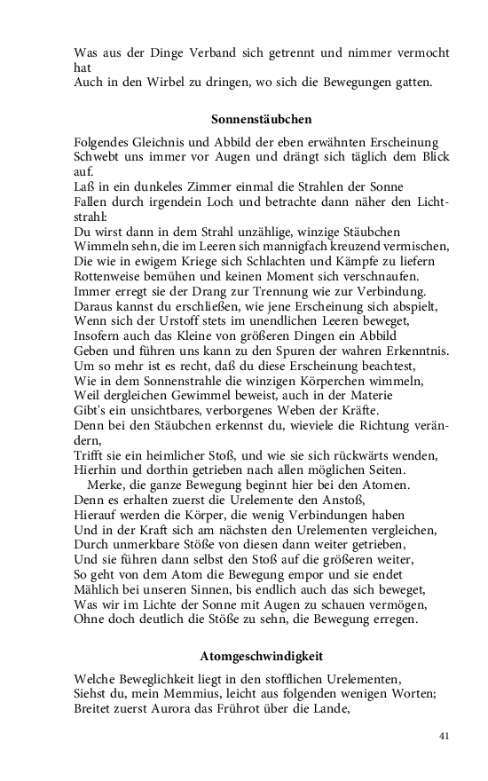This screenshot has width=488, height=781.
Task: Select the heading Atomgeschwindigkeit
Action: tap(261, 656)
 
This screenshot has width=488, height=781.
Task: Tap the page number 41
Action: tap(445, 736)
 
